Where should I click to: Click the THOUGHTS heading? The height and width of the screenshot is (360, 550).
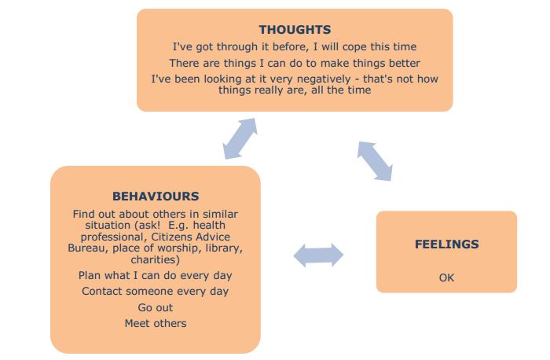coord(295,29)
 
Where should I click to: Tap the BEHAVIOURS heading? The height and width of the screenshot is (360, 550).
coord(156,197)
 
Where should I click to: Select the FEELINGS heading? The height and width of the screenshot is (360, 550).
coord(446,244)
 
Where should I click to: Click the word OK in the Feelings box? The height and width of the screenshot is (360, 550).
coord(446,277)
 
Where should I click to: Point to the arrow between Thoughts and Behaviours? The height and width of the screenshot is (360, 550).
coord(240,138)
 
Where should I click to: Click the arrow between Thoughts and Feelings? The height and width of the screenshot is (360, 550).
coord(375,161)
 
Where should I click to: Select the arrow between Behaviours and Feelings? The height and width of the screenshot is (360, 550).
coord(318,255)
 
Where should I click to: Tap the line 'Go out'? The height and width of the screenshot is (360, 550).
coord(156,307)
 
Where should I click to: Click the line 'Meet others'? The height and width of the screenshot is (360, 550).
coord(156,323)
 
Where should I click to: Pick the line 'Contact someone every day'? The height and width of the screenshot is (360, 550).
coord(155,292)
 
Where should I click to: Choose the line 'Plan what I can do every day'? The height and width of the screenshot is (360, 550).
coord(155,275)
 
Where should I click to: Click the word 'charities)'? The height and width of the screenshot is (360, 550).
coord(156,259)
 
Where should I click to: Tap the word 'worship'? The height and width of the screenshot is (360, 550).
coord(178,248)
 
